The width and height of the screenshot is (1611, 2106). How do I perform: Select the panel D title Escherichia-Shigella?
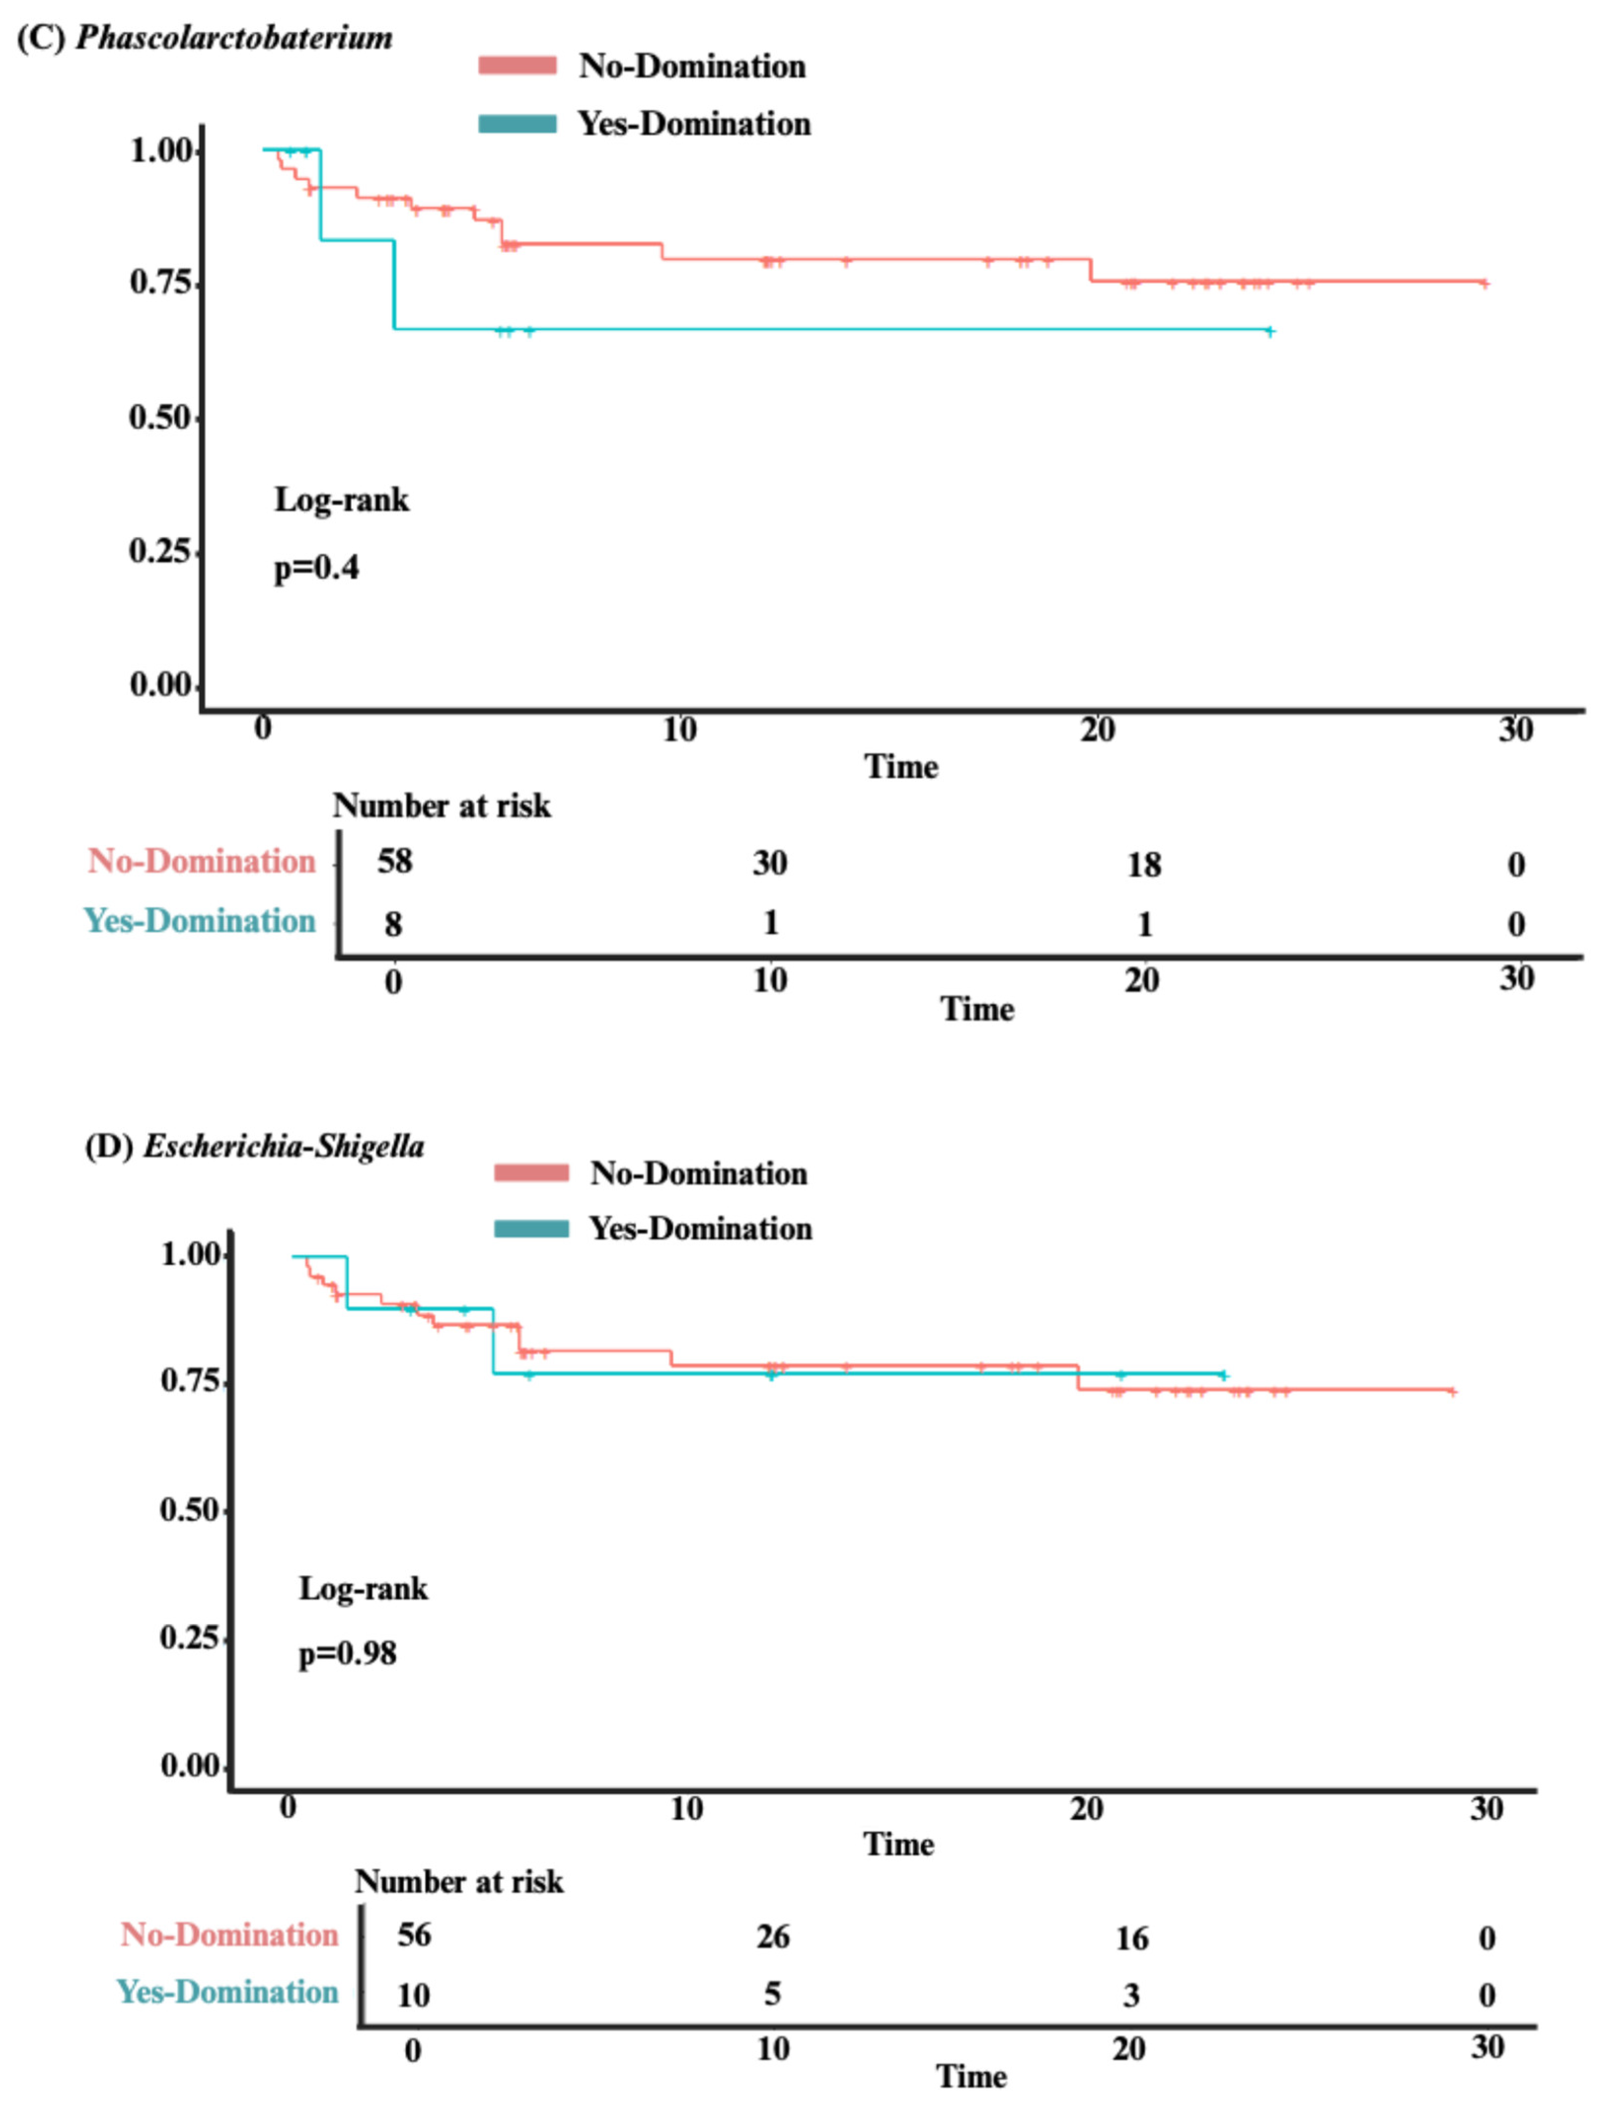284,1146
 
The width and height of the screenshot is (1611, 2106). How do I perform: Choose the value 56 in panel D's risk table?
414,1934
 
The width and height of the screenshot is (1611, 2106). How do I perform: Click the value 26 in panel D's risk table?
773,1936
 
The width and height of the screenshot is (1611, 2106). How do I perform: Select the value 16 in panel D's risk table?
1132,1938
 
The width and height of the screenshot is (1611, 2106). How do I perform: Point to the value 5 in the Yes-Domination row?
772,1994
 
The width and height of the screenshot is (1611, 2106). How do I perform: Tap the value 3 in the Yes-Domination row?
1132,1996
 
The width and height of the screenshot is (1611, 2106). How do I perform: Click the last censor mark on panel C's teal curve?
1270,331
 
